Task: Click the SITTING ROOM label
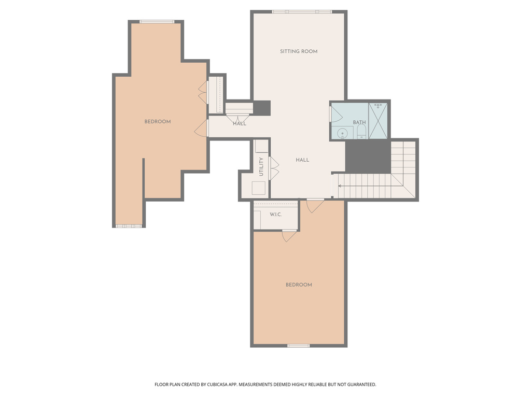click(299, 51)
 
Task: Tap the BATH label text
click(359, 123)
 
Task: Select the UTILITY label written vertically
click(261, 166)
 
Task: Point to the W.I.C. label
click(275, 215)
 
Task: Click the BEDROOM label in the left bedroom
click(157, 122)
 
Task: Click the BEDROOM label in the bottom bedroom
click(299, 285)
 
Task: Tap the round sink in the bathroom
click(342, 133)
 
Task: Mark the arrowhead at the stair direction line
click(340, 184)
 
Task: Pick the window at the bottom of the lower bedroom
click(299, 346)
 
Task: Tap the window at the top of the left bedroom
click(157, 22)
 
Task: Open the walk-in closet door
click(289, 235)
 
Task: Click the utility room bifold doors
click(274, 169)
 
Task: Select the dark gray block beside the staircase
click(368, 156)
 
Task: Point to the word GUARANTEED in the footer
click(358, 385)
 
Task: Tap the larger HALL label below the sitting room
click(302, 160)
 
